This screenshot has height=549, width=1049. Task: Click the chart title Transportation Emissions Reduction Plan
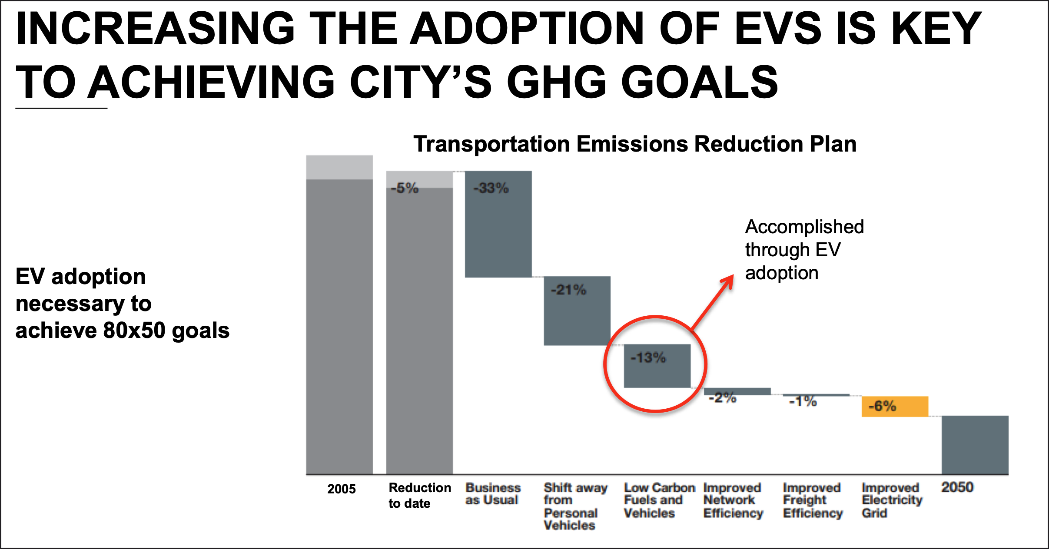point(635,144)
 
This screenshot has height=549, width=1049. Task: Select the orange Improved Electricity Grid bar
point(895,407)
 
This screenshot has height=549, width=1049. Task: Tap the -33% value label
point(491,188)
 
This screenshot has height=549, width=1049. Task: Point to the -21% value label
point(568,290)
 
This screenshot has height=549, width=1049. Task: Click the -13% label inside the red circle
point(648,358)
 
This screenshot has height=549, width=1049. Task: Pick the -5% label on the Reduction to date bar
point(404,188)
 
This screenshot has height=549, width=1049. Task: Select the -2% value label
point(722,398)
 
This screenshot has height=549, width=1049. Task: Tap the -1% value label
point(803,401)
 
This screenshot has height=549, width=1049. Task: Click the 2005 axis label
point(342,489)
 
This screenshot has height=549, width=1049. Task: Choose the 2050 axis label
point(957,487)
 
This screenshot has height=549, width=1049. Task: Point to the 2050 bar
point(975,445)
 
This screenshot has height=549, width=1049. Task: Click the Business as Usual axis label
point(493,494)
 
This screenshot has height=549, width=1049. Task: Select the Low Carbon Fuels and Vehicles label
point(660,500)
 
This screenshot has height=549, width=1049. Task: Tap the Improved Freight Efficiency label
point(813,500)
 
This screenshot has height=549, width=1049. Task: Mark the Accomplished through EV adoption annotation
point(804,250)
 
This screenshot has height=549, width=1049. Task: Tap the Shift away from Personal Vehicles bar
point(577,311)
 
